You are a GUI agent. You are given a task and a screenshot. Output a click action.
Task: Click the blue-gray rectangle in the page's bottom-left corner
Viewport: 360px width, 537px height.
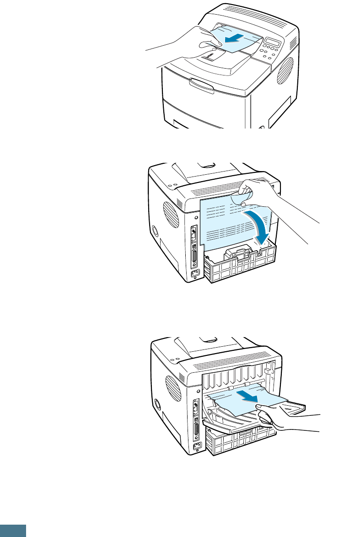(x=13, y=530)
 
